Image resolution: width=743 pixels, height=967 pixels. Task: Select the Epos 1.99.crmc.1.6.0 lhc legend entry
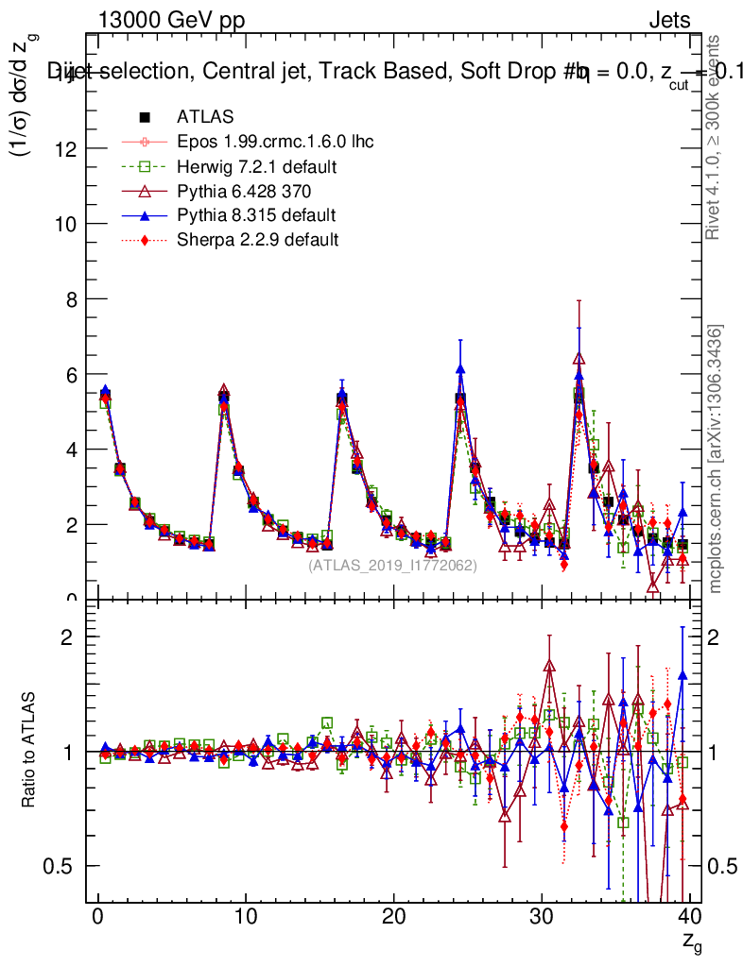(x=275, y=142)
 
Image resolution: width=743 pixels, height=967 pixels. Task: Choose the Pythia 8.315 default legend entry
(x=255, y=215)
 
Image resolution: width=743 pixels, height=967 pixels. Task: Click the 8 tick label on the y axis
(x=74, y=298)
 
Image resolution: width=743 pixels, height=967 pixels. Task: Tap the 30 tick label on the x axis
(x=541, y=917)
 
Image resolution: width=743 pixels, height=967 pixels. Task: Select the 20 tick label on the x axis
(x=393, y=917)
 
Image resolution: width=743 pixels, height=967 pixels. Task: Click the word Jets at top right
(x=668, y=20)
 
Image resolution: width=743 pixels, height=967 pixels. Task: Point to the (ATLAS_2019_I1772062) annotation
(x=392, y=565)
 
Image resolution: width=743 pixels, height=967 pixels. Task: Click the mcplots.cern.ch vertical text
(x=717, y=459)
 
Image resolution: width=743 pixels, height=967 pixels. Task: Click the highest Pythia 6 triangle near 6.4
(x=579, y=358)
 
